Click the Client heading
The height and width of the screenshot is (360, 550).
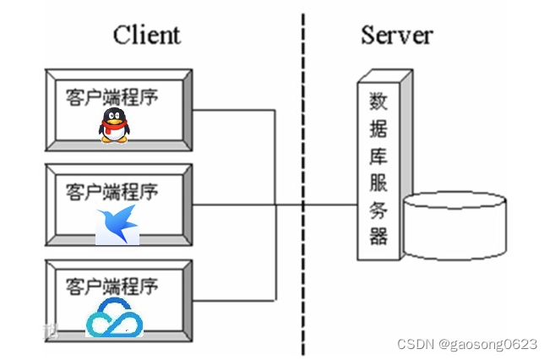click(x=146, y=35)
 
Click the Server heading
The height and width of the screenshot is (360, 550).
click(x=396, y=35)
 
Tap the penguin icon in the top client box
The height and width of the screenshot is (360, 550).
click(x=114, y=125)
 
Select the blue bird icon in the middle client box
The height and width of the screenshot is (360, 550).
click(x=117, y=225)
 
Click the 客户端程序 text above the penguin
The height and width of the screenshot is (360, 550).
click(x=112, y=95)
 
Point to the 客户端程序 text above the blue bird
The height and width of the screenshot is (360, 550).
click(x=112, y=191)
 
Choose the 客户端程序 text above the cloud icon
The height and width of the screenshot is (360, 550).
click(x=112, y=285)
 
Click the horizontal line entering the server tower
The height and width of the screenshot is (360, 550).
click(x=329, y=205)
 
